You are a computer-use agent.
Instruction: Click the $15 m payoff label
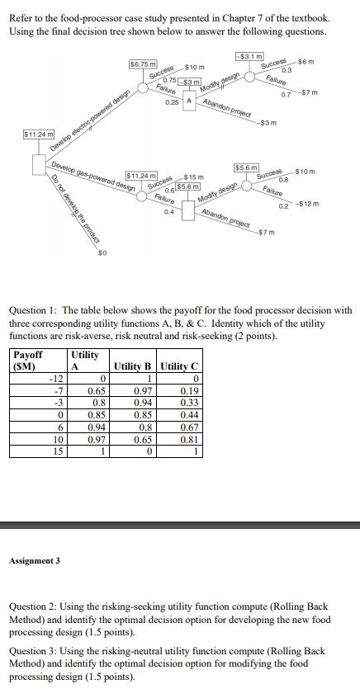click(x=195, y=177)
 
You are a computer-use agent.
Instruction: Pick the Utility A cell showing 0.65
click(x=95, y=391)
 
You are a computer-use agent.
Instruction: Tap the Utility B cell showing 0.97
click(x=143, y=391)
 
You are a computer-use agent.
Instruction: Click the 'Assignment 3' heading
click(x=34, y=560)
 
